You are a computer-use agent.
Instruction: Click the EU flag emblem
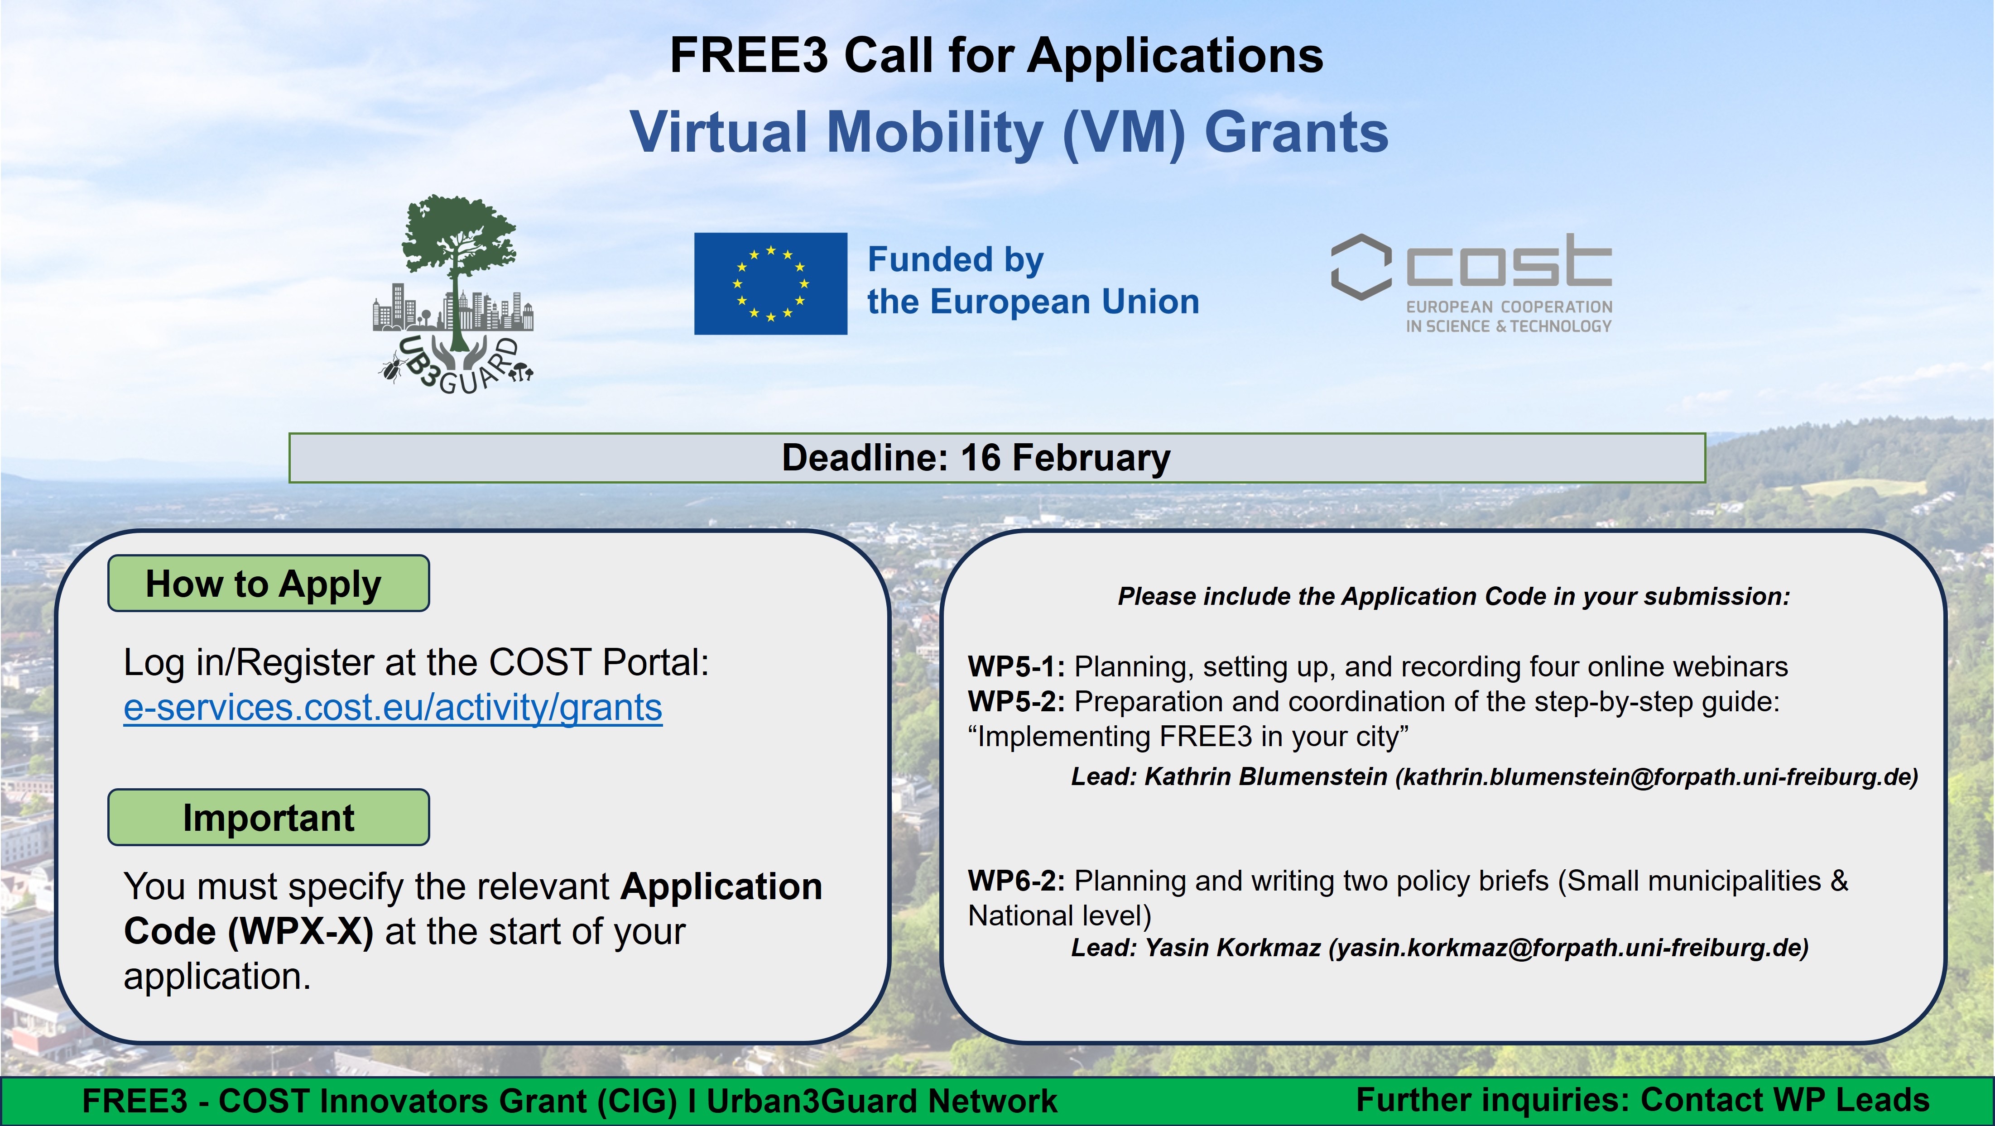pos(770,283)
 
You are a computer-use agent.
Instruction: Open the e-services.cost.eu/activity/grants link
pos(393,707)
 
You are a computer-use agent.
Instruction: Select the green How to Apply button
pos(268,583)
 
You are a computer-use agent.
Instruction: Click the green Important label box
pos(268,817)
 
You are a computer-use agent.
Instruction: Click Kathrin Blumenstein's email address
pos(1657,777)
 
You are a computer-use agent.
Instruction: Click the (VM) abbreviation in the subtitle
pos(1124,132)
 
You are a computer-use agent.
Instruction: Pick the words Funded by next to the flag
pos(956,259)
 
